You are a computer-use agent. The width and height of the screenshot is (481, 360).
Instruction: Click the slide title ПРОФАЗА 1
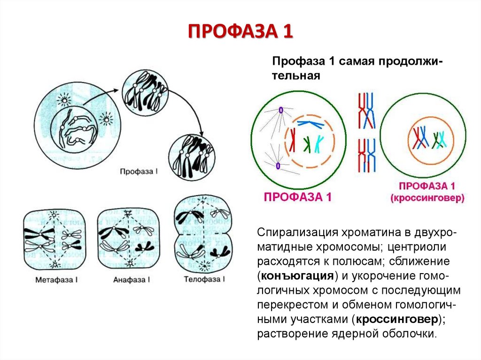coord(240,31)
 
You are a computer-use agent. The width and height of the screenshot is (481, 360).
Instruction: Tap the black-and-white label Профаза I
coord(139,172)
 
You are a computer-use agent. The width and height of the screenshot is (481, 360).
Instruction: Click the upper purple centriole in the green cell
coord(281,110)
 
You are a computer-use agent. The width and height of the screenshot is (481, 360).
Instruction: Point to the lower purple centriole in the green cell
coord(278,165)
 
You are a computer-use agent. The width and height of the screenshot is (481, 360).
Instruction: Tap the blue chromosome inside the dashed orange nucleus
coord(310,123)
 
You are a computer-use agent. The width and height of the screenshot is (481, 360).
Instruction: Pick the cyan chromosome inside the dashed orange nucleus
coord(319,144)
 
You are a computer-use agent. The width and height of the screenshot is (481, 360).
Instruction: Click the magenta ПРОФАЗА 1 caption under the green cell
coord(298,197)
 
